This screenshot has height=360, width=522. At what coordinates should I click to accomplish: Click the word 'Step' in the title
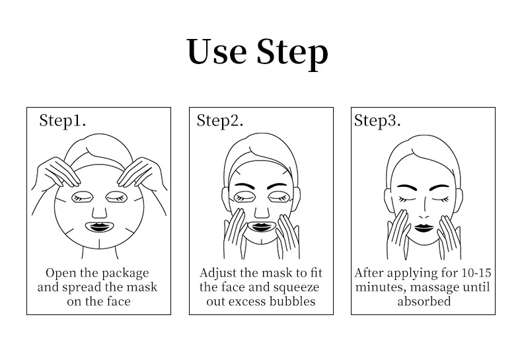(x=291, y=53)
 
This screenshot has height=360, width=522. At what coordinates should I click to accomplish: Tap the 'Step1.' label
(x=62, y=120)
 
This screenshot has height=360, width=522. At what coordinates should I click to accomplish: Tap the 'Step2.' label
(x=220, y=120)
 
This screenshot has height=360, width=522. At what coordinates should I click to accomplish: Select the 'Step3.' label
(x=377, y=120)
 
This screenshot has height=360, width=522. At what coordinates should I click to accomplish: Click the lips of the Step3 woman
(x=423, y=229)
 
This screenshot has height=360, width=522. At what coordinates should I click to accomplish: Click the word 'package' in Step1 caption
(x=124, y=273)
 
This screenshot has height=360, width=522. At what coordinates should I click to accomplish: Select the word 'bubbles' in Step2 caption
(x=290, y=302)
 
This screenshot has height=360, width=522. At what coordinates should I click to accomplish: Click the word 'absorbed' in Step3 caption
(x=424, y=302)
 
